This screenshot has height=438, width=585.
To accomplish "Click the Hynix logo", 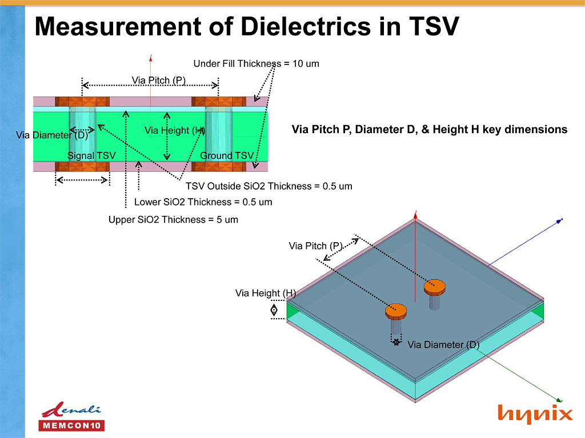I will pyautogui.click(x=535, y=413).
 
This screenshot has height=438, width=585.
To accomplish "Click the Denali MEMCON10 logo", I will pyautogui.click(x=71, y=417).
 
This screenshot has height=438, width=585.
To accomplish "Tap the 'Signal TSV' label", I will pyautogui.click(x=91, y=155).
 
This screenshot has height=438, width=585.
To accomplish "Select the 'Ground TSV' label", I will pyautogui.click(x=226, y=155).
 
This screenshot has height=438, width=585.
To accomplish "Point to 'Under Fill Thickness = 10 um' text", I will pyautogui.click(x=256, y=63).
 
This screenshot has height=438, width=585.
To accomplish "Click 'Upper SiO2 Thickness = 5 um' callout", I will pyautogui.click(x=173, y=219).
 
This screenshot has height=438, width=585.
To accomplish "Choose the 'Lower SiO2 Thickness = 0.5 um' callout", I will pyautogui.click(x=203, y=202).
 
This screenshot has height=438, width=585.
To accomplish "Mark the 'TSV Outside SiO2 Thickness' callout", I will pyautogui.click(x=269, y=186).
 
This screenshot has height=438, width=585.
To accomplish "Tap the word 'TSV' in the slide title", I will pyautogui.click(x=434, y=26).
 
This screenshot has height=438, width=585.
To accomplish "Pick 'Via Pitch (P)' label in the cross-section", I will pyautogui.click(x=159, y=80).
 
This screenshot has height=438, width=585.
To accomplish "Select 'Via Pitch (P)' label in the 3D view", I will pyautogui.click(x=315, y=246).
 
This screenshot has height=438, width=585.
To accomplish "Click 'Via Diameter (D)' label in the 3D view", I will pyautogui.click(x=443, y=344).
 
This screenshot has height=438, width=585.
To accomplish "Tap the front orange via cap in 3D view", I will pyautogui.click(x=395, y=311).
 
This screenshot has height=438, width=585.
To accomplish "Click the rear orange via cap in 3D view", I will pyautogui.click(x=434, y=286).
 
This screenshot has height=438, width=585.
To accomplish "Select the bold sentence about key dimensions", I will pyautogui.click(x=429, y=130).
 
